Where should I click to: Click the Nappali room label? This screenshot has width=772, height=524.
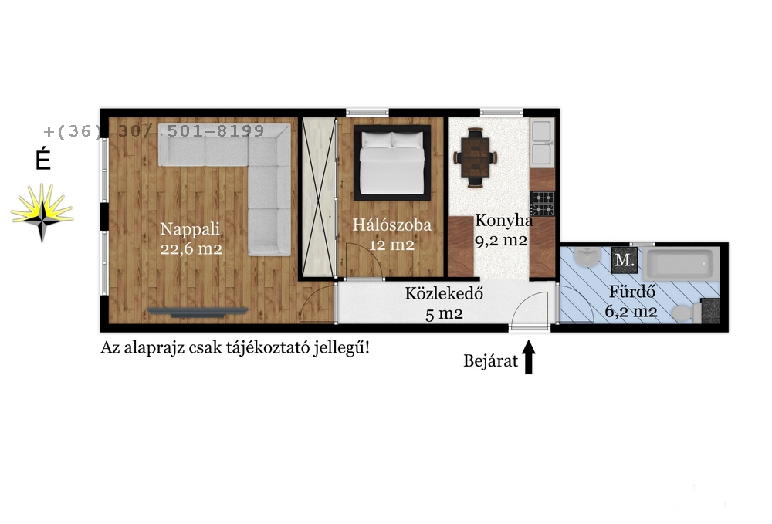(x=190, y=229)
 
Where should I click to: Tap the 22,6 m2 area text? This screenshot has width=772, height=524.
(x=191, y=249)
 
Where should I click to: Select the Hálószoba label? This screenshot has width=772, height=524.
(x=392, y=225)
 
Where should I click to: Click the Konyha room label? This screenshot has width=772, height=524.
(x=503, y=221)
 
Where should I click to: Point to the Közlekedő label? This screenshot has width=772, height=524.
(x=444, y=294)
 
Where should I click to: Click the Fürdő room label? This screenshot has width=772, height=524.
(x=632, y=292)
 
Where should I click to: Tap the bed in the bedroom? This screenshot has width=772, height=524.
(x=392, y=163)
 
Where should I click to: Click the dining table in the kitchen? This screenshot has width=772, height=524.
(x=475, y=157)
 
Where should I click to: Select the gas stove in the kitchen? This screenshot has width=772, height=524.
(x=542, y=203)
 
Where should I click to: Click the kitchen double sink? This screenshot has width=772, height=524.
(x=542, y=142)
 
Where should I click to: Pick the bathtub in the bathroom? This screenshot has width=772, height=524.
(x=681, y=264)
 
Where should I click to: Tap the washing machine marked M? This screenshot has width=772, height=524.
(x=625, y=260)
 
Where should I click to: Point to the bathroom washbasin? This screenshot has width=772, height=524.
(x=587, y=257)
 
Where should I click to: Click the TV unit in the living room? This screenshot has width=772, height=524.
(x=198, y=312)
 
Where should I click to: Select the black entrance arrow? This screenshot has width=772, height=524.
(x=529, y=357)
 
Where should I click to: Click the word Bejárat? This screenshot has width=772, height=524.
(x=490, y=361)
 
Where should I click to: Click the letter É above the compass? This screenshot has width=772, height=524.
(x=43, y=159)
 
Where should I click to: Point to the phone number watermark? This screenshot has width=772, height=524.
(x=154, y=131)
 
